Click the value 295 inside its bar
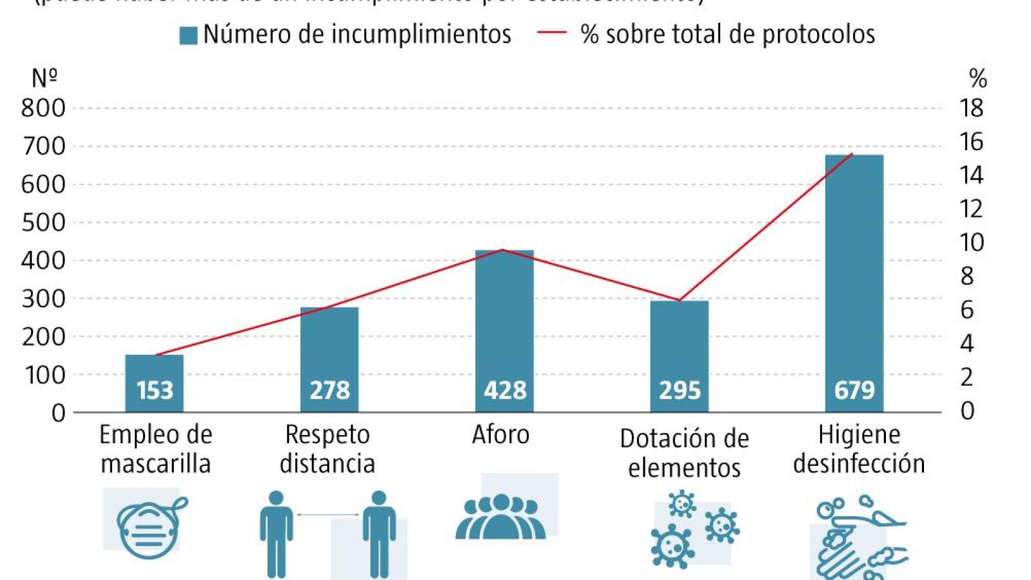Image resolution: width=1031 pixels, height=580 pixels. [680, 391]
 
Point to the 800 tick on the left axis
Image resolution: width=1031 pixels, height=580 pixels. [43, 108]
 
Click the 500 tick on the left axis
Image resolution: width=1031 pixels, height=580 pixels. [43, 222]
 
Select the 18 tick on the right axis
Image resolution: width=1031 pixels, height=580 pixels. [971, 108]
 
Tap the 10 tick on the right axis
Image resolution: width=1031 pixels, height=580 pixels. [971, 242]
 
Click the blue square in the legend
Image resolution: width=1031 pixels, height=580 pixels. [188, 35]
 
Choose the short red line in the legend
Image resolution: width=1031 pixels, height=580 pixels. [551, 33]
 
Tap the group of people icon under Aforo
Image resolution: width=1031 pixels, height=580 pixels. [500, 517]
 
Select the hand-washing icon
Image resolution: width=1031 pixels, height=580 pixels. [860, 537]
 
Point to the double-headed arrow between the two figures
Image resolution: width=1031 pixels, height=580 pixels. [328, 514]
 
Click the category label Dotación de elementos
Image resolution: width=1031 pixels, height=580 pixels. [684, 453]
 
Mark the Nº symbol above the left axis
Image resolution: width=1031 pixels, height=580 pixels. [44, 78]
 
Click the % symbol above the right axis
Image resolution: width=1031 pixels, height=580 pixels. [977, 79]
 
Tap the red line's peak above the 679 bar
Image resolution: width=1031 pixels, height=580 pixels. [852, 154]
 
